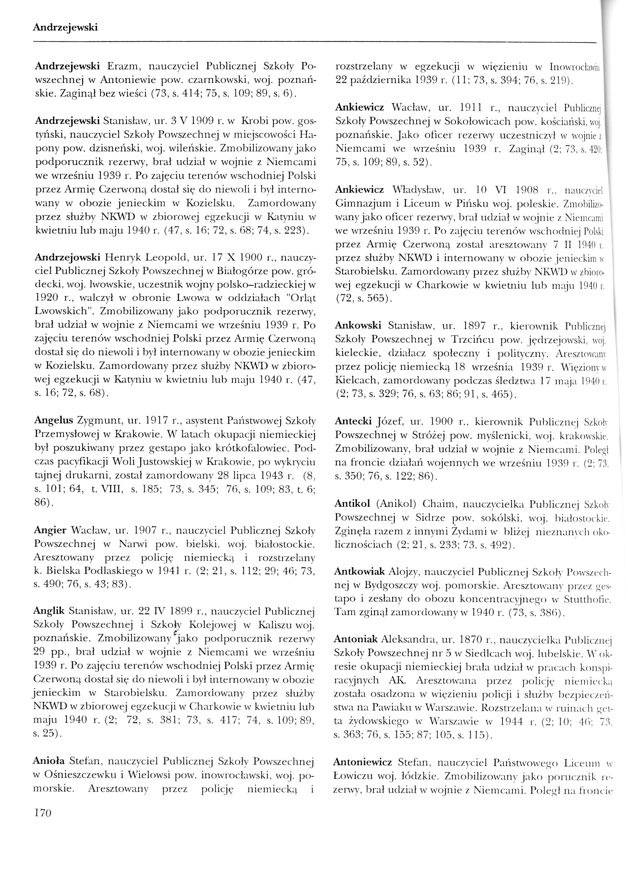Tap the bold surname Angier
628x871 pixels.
(50, 531)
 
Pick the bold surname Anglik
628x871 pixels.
(51, 611)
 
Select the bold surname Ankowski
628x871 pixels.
(358, 326)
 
